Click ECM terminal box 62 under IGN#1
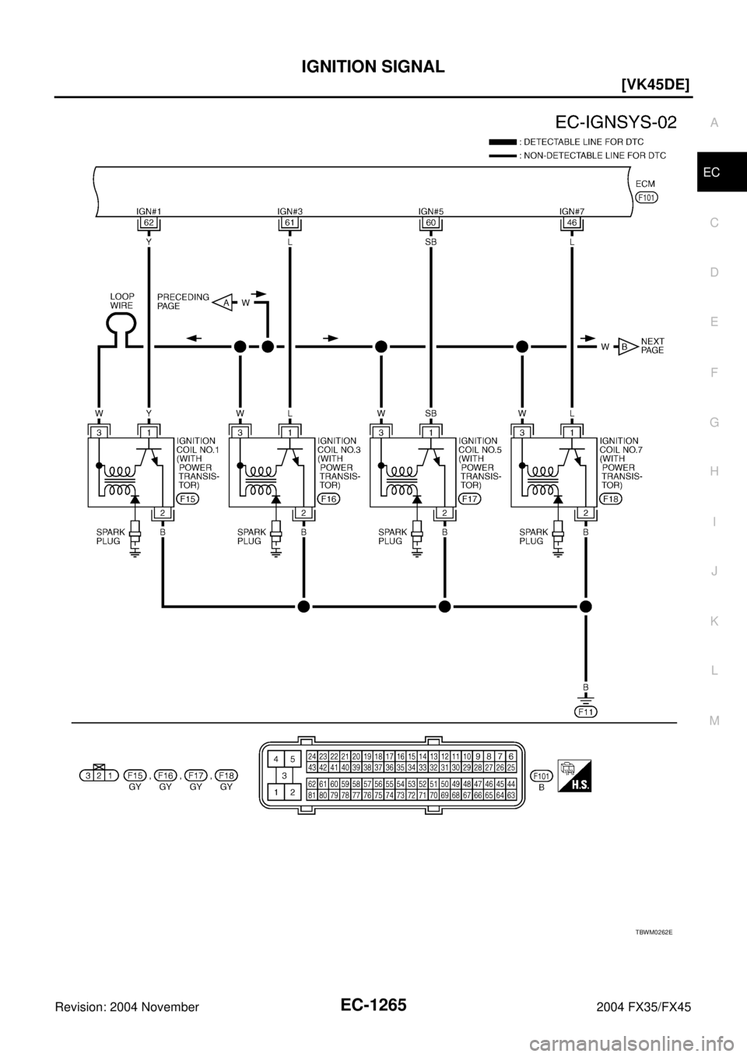(147, 223)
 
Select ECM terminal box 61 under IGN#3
(289, 223)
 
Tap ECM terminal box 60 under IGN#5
(430, 223)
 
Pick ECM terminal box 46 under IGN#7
(572, 223)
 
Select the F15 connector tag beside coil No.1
(188, 498)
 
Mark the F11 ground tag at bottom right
(585, 711)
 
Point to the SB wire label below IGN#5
(430, 242)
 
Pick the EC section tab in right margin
(713, 173)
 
